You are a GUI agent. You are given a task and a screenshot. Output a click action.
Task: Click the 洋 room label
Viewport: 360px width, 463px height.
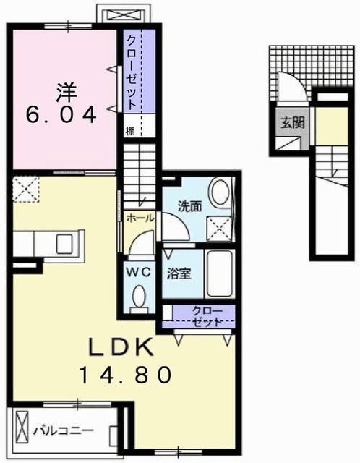pos(65,92)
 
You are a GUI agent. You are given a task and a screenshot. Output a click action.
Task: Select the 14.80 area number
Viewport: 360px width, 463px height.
pos(127,374)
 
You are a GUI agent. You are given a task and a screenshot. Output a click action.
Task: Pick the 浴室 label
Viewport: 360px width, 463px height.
pos(179,274)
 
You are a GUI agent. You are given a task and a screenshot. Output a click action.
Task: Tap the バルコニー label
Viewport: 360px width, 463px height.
pos(63,431)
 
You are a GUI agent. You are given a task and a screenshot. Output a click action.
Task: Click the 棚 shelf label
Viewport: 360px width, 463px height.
pos(129,131)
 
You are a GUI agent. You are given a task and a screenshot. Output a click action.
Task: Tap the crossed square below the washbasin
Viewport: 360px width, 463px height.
pos(220,228)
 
